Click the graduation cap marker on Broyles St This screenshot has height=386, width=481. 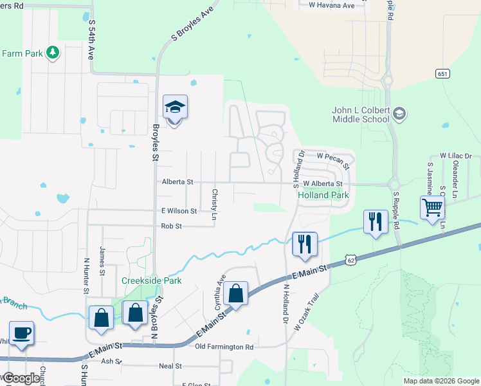point(175,107)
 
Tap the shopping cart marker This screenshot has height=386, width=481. point(433,207)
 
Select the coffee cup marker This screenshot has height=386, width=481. point(21,333)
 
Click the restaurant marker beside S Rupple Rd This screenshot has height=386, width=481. point(374,222)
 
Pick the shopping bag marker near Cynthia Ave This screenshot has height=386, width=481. point(236,293)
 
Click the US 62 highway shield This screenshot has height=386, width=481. point(349,260)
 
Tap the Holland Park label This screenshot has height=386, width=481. point(322,194)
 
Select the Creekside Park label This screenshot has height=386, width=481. point(152,280)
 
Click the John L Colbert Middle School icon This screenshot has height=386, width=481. point(399,114)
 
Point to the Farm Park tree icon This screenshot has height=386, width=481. point(53,53)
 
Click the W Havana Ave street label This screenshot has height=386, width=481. point(331,6)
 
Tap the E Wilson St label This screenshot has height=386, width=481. point(179,210)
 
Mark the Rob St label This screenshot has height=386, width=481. point(172,226)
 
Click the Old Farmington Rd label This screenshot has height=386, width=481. point(224,347)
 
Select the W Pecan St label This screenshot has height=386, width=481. point(332,156)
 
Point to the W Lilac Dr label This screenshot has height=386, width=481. point(455,156)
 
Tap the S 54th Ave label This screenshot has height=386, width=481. point(92,40)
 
